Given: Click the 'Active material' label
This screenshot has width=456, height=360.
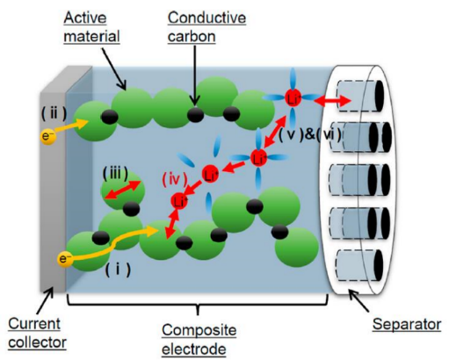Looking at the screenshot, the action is (x=91, y=27).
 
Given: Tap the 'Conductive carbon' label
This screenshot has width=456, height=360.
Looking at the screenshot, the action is (x=206, y=27).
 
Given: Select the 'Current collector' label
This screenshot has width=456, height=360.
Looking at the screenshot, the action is (x=37, y=333).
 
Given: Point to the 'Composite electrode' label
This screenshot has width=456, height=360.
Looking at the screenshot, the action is (x=199, y=339).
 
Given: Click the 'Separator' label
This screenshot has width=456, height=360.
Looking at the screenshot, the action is (x=407, y=324).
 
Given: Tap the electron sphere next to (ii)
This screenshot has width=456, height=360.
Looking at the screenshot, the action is (x=48, y=137).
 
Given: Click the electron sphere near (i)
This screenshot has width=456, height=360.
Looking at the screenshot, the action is (x=65, y=259).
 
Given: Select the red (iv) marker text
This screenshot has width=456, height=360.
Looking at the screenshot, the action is (x=175, y=179).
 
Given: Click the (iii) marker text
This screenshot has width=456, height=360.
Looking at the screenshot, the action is (x=115, y=174).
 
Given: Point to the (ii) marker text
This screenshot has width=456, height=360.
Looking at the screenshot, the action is (x=54, y=113).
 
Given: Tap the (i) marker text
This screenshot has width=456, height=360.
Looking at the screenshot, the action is (x=118, y=270).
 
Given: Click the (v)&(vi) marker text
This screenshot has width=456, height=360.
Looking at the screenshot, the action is (x=310, y=135).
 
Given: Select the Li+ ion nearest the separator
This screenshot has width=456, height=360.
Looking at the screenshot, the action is (x=293, y=98).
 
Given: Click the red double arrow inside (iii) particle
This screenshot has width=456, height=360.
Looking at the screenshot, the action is (x=123, y=190).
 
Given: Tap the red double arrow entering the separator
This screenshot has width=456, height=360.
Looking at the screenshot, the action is (x=332, y=101).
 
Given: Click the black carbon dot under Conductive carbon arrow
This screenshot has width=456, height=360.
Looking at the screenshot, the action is (x=195, y=114).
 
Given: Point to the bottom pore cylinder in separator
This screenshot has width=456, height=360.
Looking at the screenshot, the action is (x=359, y=265).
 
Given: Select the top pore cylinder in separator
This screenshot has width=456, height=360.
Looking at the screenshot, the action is (x=360, y=96).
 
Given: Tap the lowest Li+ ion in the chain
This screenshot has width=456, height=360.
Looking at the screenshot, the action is (x=179, y=201).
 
